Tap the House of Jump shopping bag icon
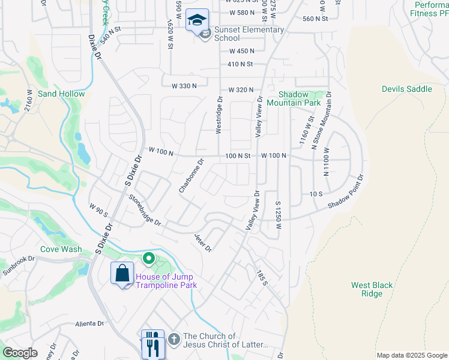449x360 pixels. [x=122, y=274]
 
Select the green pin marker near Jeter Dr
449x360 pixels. [x=148, y=259]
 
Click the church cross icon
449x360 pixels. [x=174, y=340]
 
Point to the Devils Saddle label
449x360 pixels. [x=406, y=89]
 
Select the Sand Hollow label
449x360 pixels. [x=61, y=94]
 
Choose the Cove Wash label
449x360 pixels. [x=61, y=249]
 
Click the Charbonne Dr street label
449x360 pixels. [x=192, y=176]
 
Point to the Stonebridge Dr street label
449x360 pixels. [x=144, y=210]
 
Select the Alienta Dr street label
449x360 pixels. [x=89, y=323]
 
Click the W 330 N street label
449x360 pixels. [x=184, y=86]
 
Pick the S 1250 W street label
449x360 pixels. [x=278, y=215]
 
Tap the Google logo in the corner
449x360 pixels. [x=20, y=352]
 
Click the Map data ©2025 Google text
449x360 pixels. [x=412, y=355]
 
